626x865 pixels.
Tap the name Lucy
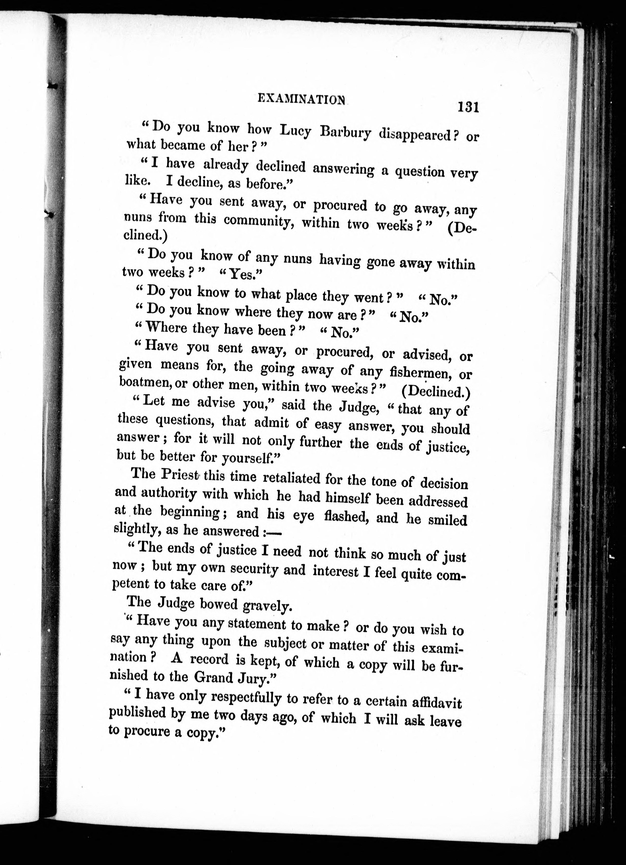(296, 131)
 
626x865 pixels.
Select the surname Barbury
(346, 133)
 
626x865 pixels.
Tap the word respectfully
(246, 698)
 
